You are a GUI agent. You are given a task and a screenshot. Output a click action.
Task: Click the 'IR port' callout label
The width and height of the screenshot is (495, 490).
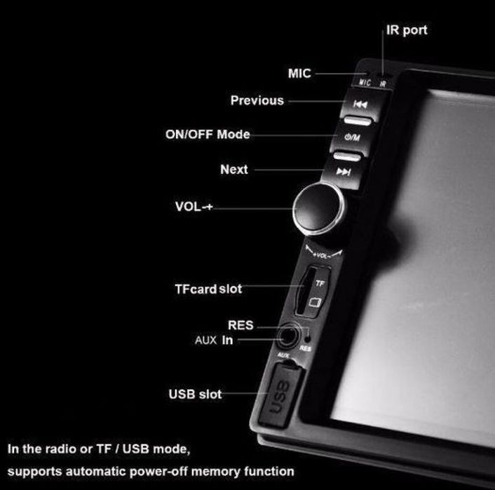pos(406,30)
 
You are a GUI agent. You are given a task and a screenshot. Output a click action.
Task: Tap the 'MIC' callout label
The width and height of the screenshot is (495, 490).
pos(299,73)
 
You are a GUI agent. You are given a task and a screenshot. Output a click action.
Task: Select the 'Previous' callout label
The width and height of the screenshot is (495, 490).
pos(257,100)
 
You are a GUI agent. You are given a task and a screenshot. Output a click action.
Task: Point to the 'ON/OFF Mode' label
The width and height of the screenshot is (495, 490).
pos(208,134)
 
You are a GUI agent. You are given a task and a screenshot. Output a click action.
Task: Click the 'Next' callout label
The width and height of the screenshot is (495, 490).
pos(233,169)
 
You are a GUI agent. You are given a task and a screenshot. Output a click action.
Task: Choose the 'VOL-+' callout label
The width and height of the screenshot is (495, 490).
pos(194,207)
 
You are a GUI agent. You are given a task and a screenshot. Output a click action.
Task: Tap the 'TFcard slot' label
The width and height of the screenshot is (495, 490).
pos(208,288)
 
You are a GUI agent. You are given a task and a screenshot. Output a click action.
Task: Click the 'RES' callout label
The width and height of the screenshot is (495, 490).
pos(240,326)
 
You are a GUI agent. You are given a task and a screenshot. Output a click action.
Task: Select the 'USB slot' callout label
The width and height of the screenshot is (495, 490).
pos(195,394)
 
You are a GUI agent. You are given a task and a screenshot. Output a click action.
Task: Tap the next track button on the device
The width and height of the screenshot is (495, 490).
pos(343,171)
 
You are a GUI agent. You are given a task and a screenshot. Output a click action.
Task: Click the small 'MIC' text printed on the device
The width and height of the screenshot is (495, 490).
pos(365,83)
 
